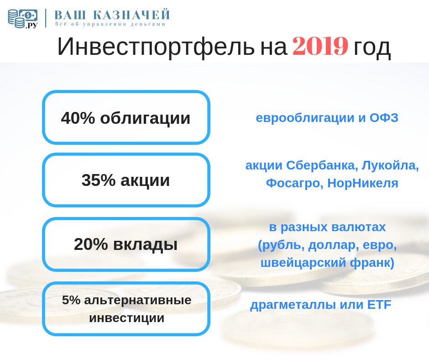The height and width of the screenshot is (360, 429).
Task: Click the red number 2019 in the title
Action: [320, 46]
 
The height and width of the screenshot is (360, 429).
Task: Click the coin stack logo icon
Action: [22, 19]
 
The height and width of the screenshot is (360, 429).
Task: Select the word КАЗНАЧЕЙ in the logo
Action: [131, 15]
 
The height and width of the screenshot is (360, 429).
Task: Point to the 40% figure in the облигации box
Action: [78, 118]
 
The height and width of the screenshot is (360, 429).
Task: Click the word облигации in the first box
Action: [145, 119]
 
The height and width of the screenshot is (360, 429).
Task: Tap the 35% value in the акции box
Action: [98, 180]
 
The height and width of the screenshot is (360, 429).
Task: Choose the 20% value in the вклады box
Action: [91, 244]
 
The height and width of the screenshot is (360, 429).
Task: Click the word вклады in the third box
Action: [145, 245]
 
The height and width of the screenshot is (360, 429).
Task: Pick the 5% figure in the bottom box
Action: [71, 300]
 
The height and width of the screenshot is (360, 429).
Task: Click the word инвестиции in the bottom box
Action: [127, 318]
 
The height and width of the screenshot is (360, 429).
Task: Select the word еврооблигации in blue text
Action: [305, 118]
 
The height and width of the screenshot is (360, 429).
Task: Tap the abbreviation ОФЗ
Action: [384, 118]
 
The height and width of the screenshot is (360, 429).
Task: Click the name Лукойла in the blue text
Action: [390, 165]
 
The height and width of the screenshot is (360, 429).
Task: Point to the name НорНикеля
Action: [362, 183]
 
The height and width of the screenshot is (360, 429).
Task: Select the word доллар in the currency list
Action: [333, 245]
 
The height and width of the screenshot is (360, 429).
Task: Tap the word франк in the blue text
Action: [372, 263]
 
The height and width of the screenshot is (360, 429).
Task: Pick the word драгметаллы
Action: [293, 305]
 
